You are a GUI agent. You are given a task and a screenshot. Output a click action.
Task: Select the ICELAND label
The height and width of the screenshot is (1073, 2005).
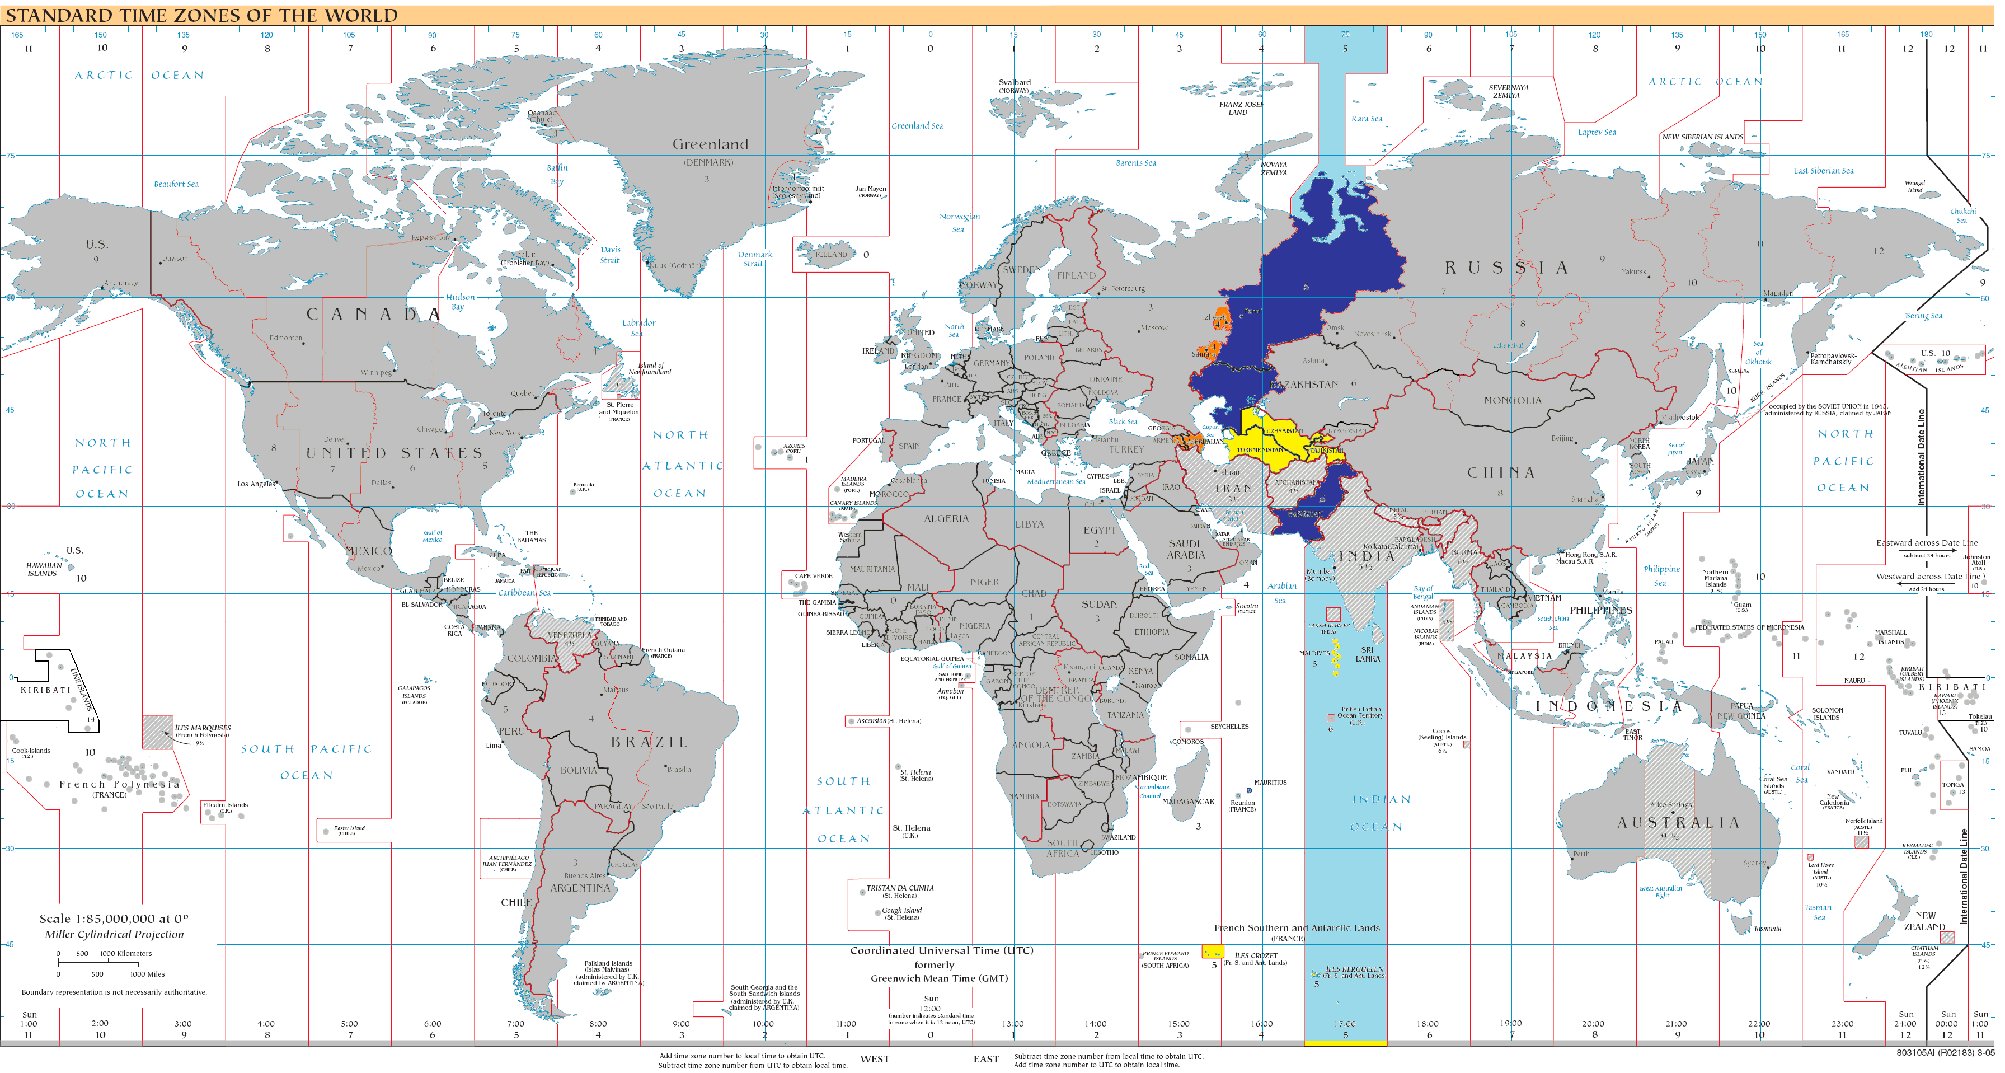coord(830,255)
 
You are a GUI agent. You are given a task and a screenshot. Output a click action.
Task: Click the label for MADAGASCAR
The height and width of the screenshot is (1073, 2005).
coord(1188,801)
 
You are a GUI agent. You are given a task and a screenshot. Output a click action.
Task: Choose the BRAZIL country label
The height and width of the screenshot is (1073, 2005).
coord(649,742)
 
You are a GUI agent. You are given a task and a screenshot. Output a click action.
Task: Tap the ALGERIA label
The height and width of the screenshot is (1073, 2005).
coord(946,519)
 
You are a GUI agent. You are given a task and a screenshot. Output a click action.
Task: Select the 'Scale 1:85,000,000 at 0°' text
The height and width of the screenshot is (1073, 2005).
coord(114,919)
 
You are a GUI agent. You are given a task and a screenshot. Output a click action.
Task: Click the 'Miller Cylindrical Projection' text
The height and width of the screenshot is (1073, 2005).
coord(114,934)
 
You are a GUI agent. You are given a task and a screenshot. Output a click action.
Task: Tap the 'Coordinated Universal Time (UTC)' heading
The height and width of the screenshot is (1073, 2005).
coord(941,951)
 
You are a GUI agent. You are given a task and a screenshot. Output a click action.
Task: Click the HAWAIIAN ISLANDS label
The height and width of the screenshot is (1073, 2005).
coord(43,570)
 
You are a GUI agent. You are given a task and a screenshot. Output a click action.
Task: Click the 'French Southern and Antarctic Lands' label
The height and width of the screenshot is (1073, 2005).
coord(1297,928)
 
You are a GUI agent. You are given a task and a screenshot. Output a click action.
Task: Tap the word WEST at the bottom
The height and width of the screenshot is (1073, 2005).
coord(874,1059)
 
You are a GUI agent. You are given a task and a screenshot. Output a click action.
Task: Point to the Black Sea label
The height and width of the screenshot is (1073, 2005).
coord(1123,422)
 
